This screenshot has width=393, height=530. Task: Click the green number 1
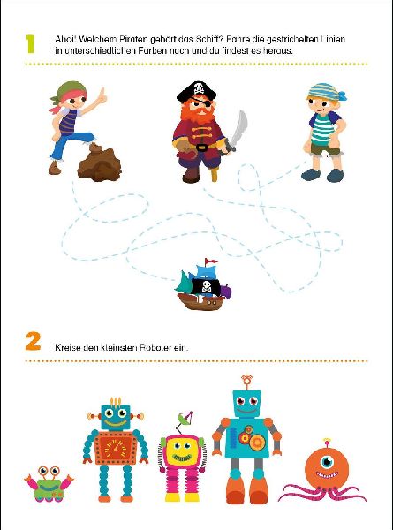click(30, 44)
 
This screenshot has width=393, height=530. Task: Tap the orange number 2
click(33, 341)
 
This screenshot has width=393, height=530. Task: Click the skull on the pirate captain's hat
click(199, 89)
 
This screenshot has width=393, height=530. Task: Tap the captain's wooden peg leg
click(215, 173)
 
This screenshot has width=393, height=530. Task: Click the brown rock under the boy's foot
click(99, 163)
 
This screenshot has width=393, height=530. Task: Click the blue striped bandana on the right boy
click(327, 92)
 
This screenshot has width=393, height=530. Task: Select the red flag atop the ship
click(211, 261)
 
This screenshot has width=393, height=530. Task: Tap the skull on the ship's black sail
click(206, 286)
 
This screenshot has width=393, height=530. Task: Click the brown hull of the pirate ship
click(201, 301)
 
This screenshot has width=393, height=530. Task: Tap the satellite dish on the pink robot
click(185, 419)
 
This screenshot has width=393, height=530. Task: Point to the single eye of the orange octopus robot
click(327, 461)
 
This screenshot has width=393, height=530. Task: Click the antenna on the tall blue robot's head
click(247, 382)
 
